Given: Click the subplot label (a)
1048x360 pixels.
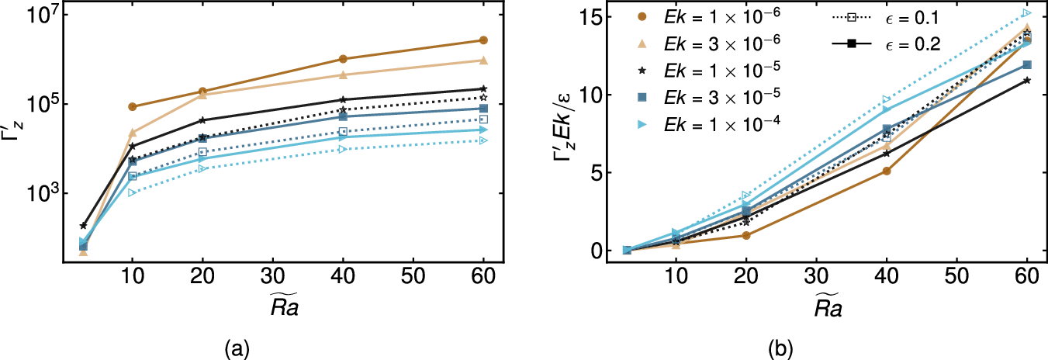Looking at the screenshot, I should coord(237,349).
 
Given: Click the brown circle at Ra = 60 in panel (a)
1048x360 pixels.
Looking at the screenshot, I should coord(483,40).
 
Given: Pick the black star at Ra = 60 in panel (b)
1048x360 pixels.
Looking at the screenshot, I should coord(1027,80).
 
